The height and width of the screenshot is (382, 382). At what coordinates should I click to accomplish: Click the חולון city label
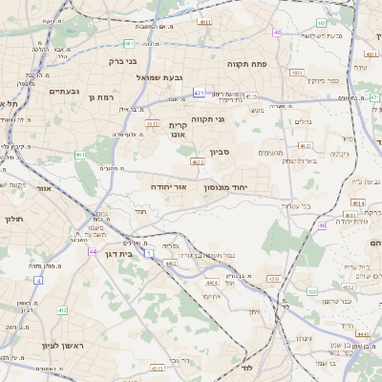12,219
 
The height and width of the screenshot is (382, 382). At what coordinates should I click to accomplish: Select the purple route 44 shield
93,251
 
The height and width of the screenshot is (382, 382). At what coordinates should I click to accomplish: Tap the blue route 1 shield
150,251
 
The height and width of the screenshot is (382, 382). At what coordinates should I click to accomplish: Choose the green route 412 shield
62,309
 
